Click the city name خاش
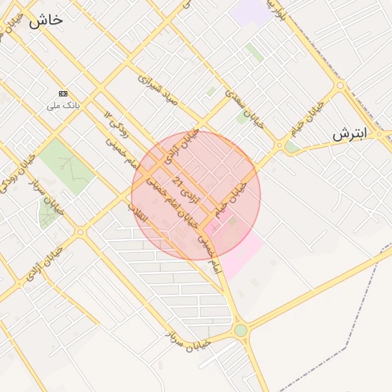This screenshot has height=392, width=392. (46, 21)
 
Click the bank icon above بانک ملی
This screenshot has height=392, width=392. (63, 93)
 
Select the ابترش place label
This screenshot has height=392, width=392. (350, 135)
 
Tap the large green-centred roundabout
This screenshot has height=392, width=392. (241, 331)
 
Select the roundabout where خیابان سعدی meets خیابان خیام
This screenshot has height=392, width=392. (280, 145)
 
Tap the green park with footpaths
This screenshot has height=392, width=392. (67, 165)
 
